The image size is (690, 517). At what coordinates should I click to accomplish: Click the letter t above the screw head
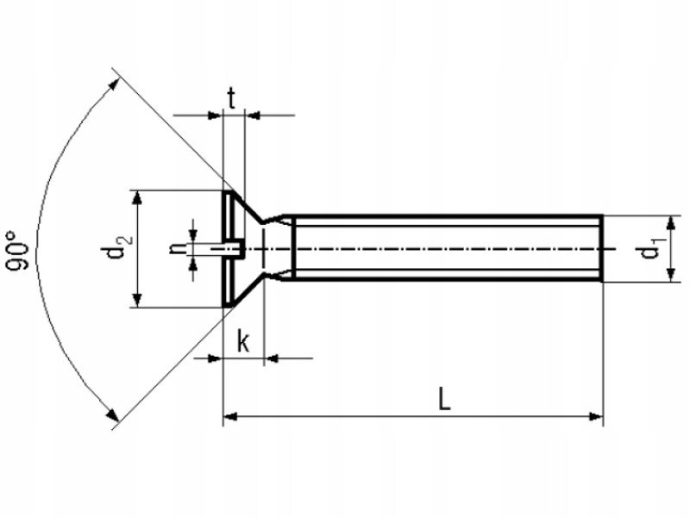[232, 97]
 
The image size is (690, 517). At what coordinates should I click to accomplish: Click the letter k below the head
[243, 342]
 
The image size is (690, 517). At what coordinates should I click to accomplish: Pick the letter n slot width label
[177, 248]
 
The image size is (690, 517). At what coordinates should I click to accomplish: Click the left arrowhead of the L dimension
[230, 418]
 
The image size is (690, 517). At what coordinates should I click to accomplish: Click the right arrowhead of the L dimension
[595, 418]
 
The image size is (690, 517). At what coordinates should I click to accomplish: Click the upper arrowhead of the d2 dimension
[135, 197]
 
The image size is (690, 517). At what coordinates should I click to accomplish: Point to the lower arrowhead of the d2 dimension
[135, 299]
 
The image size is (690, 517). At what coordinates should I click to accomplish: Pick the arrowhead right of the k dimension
[272, 358]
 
